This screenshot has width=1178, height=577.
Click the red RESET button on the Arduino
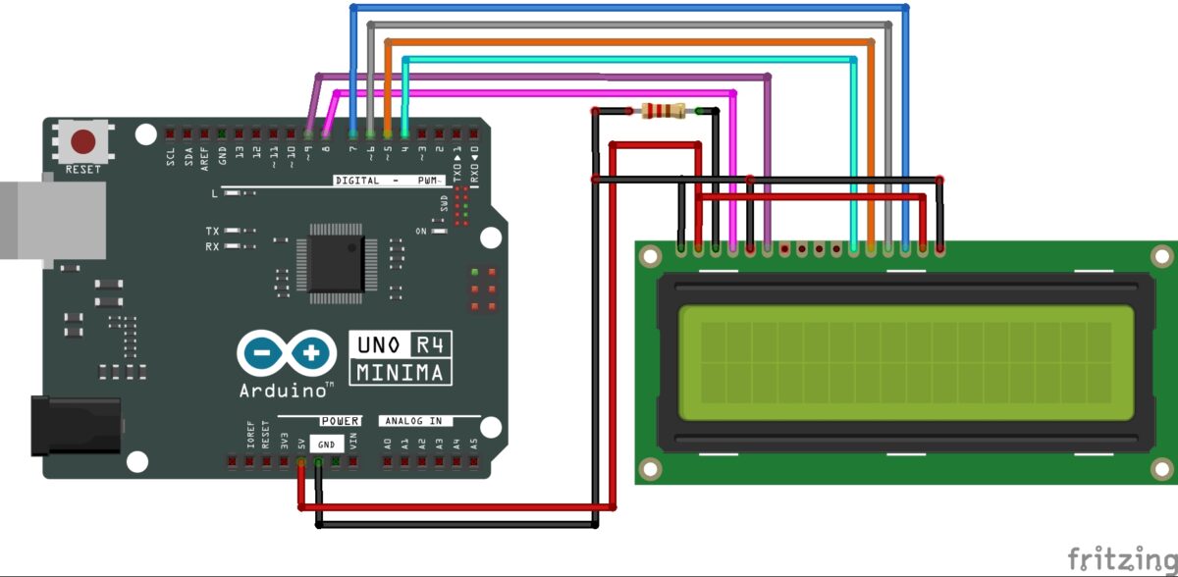(x=82, y=142)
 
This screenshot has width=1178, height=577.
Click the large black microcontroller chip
(x=337, y=265)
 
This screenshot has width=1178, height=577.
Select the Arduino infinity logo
(x=284, y=352)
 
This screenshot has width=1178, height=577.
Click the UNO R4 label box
(x=401, y=346)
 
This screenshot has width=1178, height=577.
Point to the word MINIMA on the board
(x=402, y=373)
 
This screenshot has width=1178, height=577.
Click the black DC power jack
(x=74, y=425)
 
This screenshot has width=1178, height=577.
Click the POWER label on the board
(x=340, y=421)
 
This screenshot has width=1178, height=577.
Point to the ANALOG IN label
(x=412, y=421)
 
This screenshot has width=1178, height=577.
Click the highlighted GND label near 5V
(x=325, y=444)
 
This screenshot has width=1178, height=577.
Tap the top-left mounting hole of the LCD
(x=650, y=257)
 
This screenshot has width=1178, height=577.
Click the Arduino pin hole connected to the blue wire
(x=353, y=132)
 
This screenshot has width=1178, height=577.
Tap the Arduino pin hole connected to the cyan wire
(x=404, y=132)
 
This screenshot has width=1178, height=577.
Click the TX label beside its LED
(x=212, y=232)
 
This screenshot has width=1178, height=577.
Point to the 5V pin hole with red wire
(x=301, y=460)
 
